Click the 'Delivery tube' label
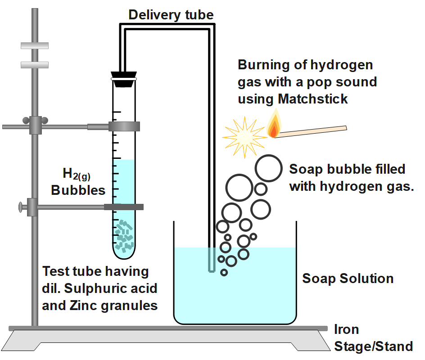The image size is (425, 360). pos(171,14)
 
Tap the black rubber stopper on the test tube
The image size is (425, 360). pos(124,79)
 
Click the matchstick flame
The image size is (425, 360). pos(273,126)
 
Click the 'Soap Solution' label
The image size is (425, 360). pos(348,278)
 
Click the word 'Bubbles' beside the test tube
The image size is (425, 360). pos(78,190)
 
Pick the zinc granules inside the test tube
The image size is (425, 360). pos(124,236)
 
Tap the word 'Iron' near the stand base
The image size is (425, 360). pos(346,329)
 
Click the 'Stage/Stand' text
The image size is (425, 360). pos(373,346)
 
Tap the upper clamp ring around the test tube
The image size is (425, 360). pos(124,126)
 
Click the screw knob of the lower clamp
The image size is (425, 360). pos(20,207)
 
